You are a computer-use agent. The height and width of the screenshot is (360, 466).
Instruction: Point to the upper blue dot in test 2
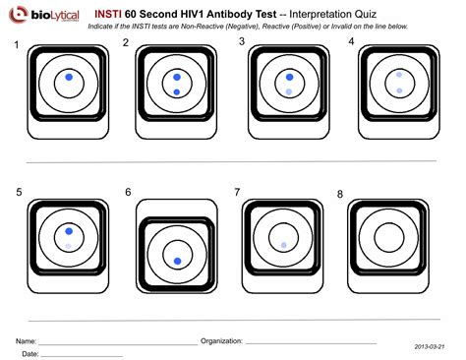point(176,76)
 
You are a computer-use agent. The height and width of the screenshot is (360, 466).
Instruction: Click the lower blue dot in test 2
point(176,91)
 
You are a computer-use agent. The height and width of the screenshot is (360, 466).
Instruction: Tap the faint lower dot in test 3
point(288,91)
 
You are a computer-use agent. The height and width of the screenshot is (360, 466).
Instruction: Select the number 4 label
point(351,42)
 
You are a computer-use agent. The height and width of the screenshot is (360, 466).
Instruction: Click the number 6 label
point(128,192)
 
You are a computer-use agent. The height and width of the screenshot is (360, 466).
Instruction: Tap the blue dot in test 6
point(177,261)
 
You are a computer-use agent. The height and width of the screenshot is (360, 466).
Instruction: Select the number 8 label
point(340,195)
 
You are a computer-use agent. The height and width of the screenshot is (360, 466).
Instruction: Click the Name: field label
point(27,340)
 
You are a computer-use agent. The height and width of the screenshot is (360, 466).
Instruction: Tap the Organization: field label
point(221,340)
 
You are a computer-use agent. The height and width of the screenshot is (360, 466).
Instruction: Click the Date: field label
point(30,353)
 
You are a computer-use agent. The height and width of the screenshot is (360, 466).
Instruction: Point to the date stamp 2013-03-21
point(429,347)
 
